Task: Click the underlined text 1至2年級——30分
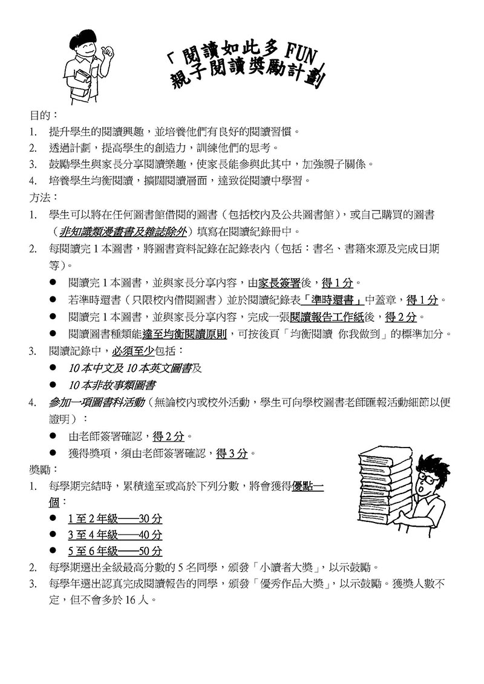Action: pyautogui.click(x=114, y=518)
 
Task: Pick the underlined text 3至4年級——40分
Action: pyautogui.click(x=114, y=535)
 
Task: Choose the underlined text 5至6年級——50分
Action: pyautogui.click(x=114, y=551)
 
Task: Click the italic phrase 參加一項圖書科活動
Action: pyautogui.click(x=95, y=402)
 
